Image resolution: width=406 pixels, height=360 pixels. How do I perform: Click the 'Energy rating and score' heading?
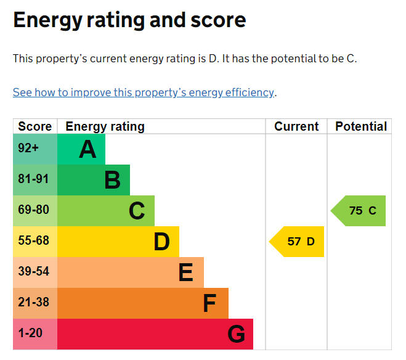[129, 20]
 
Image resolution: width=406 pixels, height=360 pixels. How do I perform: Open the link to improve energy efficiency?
[144, 92]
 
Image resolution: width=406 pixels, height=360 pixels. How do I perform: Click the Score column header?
[35, 126]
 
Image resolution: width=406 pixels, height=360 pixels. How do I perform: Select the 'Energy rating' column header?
[105, 126]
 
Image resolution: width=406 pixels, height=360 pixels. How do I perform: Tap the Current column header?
[296, 126]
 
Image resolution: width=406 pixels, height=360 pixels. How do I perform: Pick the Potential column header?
[360, 126]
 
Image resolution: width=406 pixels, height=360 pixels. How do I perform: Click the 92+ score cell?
[28, 149]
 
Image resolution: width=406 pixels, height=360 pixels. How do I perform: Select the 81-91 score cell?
[33, 179]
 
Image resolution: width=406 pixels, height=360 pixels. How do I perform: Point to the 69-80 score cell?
[33, 210]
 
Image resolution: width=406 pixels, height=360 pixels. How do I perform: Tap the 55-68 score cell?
[33, 241]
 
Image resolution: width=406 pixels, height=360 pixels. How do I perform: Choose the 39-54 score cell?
[33, 272]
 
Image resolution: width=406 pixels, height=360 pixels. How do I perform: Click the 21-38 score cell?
[33, 303]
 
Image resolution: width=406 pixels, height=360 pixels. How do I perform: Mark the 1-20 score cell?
[31, 333]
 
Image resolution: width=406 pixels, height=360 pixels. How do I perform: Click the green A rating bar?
[81, 149]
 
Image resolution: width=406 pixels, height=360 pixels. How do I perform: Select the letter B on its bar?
[112, 180]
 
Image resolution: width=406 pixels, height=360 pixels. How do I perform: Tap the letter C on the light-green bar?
[137, 211]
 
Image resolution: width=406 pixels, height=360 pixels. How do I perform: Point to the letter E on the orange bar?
[185, 272]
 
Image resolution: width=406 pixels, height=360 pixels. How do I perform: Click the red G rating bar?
[155, 334]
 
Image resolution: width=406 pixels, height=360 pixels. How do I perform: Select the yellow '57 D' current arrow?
[298, 242]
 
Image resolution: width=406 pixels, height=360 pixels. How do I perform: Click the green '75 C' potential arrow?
[360, 211]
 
